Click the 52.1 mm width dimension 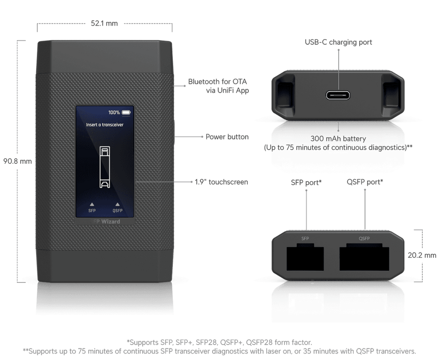(x=104, y=23)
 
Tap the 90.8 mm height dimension (x=17, y=161)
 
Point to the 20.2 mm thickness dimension (x=422, y=255)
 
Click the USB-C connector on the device (x=338, y=95)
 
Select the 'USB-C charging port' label (x=338, y=42)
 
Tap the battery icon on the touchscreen (x=126, y=113)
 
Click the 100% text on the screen (x=114, y=113)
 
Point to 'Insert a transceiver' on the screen (x=105, y=125)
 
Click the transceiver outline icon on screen (x=105, y=167)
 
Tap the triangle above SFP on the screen (x=92, y=204)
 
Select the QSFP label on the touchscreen (x=117, y=210)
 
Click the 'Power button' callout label (x=227, y=137)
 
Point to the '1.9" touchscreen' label (x=222, y=182)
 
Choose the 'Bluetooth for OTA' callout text (x=217, y=81)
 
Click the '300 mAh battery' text (x=338, y=138)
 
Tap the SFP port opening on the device (x=305, y=258)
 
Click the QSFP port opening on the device (x=364, y=258)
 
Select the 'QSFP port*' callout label (x=365, y=182)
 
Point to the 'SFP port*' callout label (x=306, y=183)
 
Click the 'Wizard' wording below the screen (x=111, y=222)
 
